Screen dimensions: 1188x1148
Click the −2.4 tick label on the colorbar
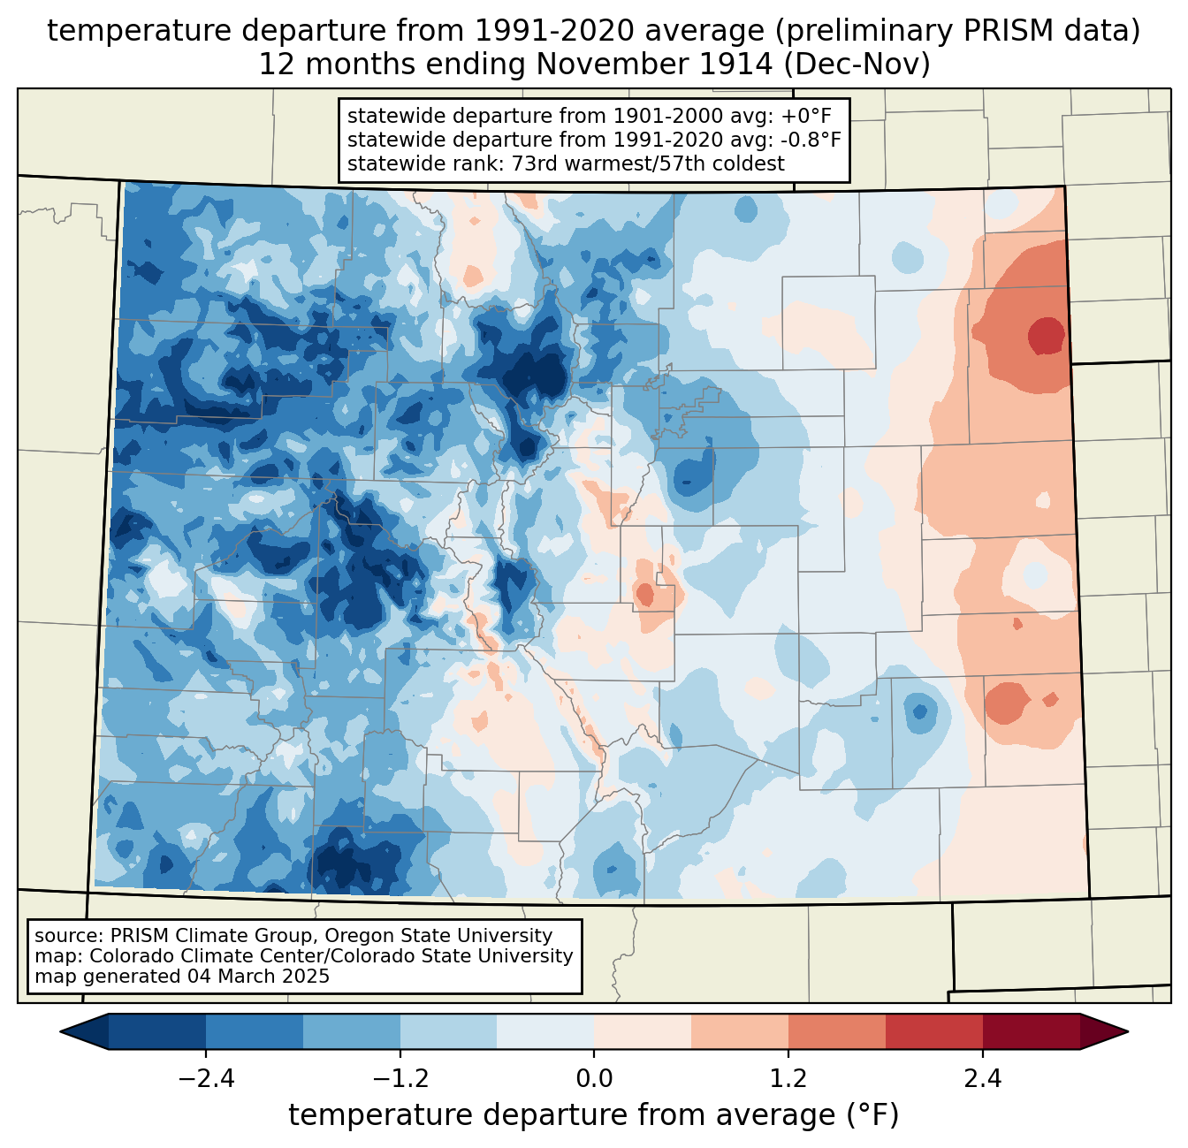tap(206, 1079)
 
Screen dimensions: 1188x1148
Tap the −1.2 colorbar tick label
tap(400, 1079)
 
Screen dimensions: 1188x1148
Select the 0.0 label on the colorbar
tap(594, 1079)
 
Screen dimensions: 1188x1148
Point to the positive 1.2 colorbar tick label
tap(788, 1079)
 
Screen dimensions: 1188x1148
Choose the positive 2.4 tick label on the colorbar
tap(983, 1079)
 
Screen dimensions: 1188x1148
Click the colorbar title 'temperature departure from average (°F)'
tap(594, 1115)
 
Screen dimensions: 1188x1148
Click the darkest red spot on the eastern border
tap(1047, 335)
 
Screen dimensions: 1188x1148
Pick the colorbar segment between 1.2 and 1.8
tap(837, 1032)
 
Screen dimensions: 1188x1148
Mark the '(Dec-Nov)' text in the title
tap(857, 65)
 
